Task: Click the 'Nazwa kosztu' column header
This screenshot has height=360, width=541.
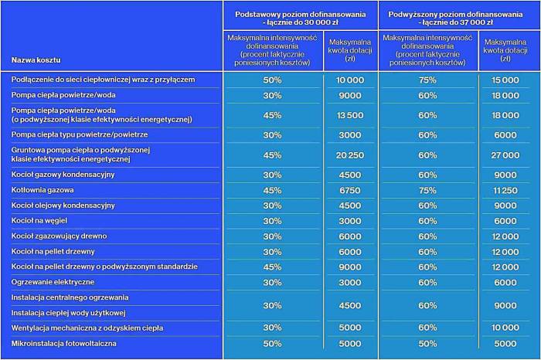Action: (36, 60)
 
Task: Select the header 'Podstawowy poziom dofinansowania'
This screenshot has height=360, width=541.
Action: (300, 15)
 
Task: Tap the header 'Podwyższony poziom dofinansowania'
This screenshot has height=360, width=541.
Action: (455, 15)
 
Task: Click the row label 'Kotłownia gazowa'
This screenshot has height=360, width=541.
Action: (43, 190)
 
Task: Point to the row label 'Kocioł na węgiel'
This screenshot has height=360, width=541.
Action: (39, 221)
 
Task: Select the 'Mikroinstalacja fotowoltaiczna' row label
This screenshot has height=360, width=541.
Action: (64, 344)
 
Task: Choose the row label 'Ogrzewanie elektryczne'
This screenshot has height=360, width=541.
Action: (53, 282)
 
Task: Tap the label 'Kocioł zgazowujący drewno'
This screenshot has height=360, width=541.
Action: (59, 236)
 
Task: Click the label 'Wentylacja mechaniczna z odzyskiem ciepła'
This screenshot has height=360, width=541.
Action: (87, 328)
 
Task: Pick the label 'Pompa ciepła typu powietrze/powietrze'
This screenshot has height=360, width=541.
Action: (80, 134)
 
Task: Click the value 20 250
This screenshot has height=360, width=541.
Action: (350, 155)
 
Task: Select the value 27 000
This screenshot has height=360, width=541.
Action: (505, 155)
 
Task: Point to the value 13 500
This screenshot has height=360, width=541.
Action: (350, 115)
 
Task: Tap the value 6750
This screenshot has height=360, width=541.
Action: (350, 190)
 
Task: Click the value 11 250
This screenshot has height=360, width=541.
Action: (505, 190)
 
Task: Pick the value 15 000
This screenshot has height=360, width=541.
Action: (505, 80)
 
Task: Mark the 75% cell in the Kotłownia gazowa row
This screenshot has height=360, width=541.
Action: (427, 190)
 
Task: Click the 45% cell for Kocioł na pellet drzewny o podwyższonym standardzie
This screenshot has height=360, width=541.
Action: (272, 267)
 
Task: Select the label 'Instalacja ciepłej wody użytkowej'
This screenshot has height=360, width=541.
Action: (68, 313)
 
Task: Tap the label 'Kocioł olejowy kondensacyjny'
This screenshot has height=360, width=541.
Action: (63, 205)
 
